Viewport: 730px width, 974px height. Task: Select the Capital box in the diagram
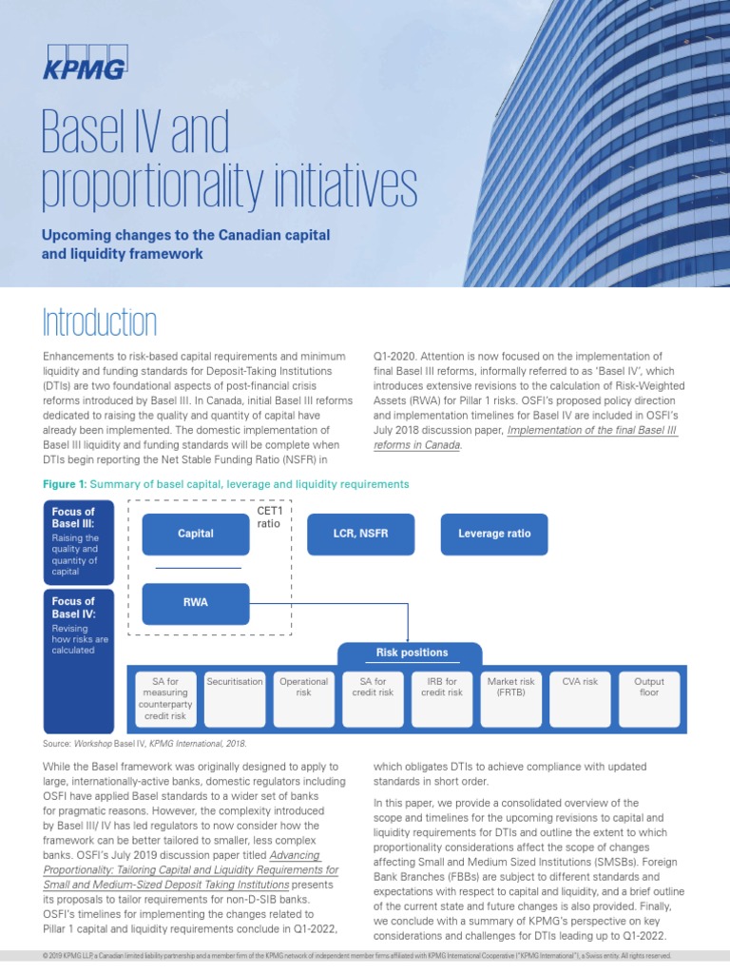point(195,534)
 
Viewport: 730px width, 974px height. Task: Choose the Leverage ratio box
point(494,534)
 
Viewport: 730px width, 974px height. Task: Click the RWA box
point(195,602)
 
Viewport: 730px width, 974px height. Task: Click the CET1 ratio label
point(269,517)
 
